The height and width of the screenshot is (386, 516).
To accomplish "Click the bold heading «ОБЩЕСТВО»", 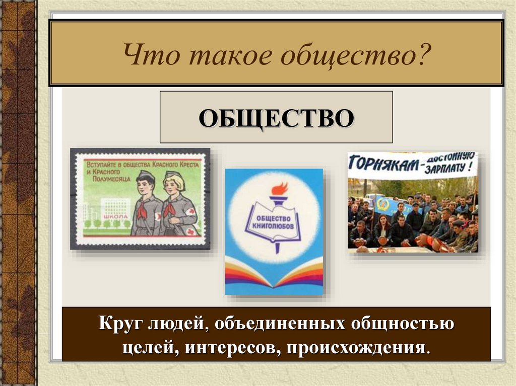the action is (x=276, y=118).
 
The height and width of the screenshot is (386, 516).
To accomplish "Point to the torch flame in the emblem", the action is (x=279, y=190).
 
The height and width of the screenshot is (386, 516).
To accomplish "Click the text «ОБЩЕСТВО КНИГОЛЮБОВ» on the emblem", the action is (x=273, y=222).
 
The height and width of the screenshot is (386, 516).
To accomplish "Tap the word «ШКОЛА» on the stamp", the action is (x=115, y=217).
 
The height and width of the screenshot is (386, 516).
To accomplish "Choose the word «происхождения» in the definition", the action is (x=356, y=348).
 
